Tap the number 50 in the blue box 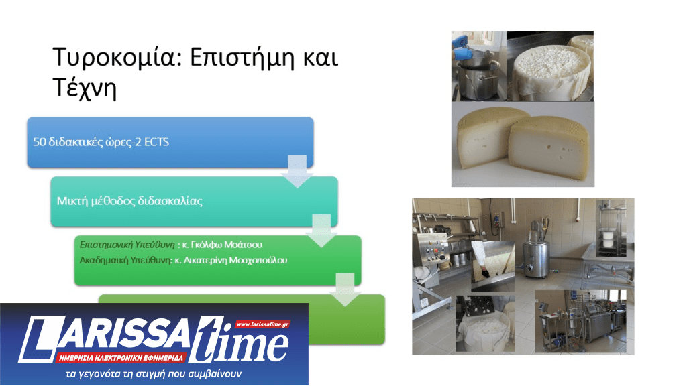pos(40,142)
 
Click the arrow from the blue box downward pos(297,171)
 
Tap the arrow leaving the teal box pos(321,230)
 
